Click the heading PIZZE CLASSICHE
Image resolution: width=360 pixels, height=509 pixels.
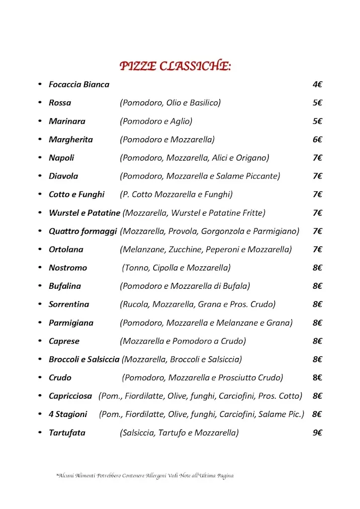175,66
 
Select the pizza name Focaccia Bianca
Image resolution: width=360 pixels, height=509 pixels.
79,85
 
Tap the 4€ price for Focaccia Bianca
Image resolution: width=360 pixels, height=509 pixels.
317,85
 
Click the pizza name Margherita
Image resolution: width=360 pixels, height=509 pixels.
71,140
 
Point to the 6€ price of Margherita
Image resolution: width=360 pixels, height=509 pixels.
317,140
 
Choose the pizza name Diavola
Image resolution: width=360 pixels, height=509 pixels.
63,176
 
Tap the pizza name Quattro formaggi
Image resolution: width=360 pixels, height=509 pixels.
83,231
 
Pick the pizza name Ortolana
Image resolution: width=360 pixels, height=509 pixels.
66,250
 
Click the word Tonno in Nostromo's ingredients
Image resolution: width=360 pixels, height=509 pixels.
136,268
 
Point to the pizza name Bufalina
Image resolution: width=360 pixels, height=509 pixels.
65,286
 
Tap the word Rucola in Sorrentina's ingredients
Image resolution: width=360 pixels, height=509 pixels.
135,304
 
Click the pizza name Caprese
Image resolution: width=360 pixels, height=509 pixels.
64,341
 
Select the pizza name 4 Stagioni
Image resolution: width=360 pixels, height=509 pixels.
68,414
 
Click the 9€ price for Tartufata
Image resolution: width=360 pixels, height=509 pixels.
317,432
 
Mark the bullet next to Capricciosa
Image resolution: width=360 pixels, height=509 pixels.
40,396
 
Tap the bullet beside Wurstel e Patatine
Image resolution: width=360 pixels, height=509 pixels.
40,213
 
